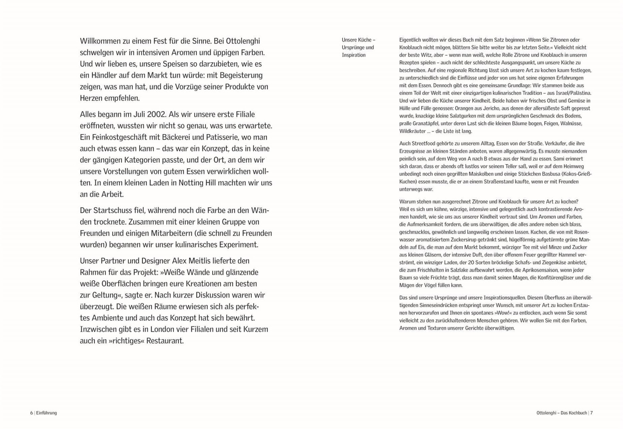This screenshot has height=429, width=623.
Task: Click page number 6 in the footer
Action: tap(31, 413)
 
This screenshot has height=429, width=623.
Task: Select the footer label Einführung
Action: tap(47, 413)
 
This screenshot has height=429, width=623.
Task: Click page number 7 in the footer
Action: tap(591, 413)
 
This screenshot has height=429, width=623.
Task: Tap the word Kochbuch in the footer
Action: tap(578, 413)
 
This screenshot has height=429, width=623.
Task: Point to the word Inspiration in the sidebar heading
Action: tap(353, 55)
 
